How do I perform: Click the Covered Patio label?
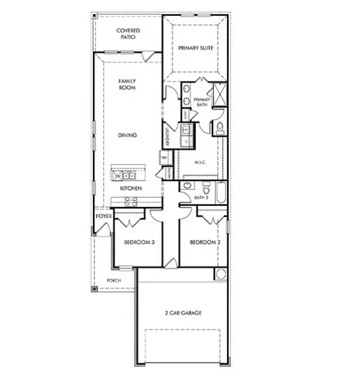point(128,34)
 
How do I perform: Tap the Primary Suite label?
point(195,48)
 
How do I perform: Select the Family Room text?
point(127,85)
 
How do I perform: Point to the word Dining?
point(128,135)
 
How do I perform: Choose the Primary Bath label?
point(202,102)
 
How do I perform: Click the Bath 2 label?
point(202,198)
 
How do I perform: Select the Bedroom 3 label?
point(139,243)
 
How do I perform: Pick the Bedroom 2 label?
point(204,243)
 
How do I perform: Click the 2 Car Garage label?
point(183,313)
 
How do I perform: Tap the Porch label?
point(113,281)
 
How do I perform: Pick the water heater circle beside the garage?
point(220,274)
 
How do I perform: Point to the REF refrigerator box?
point(164,157)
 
